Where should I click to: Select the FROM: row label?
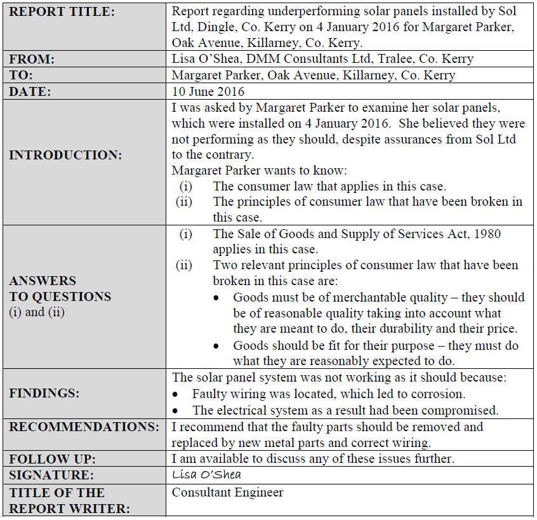click(32, 59)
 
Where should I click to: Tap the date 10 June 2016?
click(208, 91)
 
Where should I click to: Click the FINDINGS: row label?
click(44, 393)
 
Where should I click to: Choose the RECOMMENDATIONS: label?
click(84, 427)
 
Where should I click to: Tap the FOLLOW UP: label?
click(50, 458)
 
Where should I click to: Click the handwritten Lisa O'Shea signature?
click(207, 474)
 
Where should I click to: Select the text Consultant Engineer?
click(228, 492)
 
